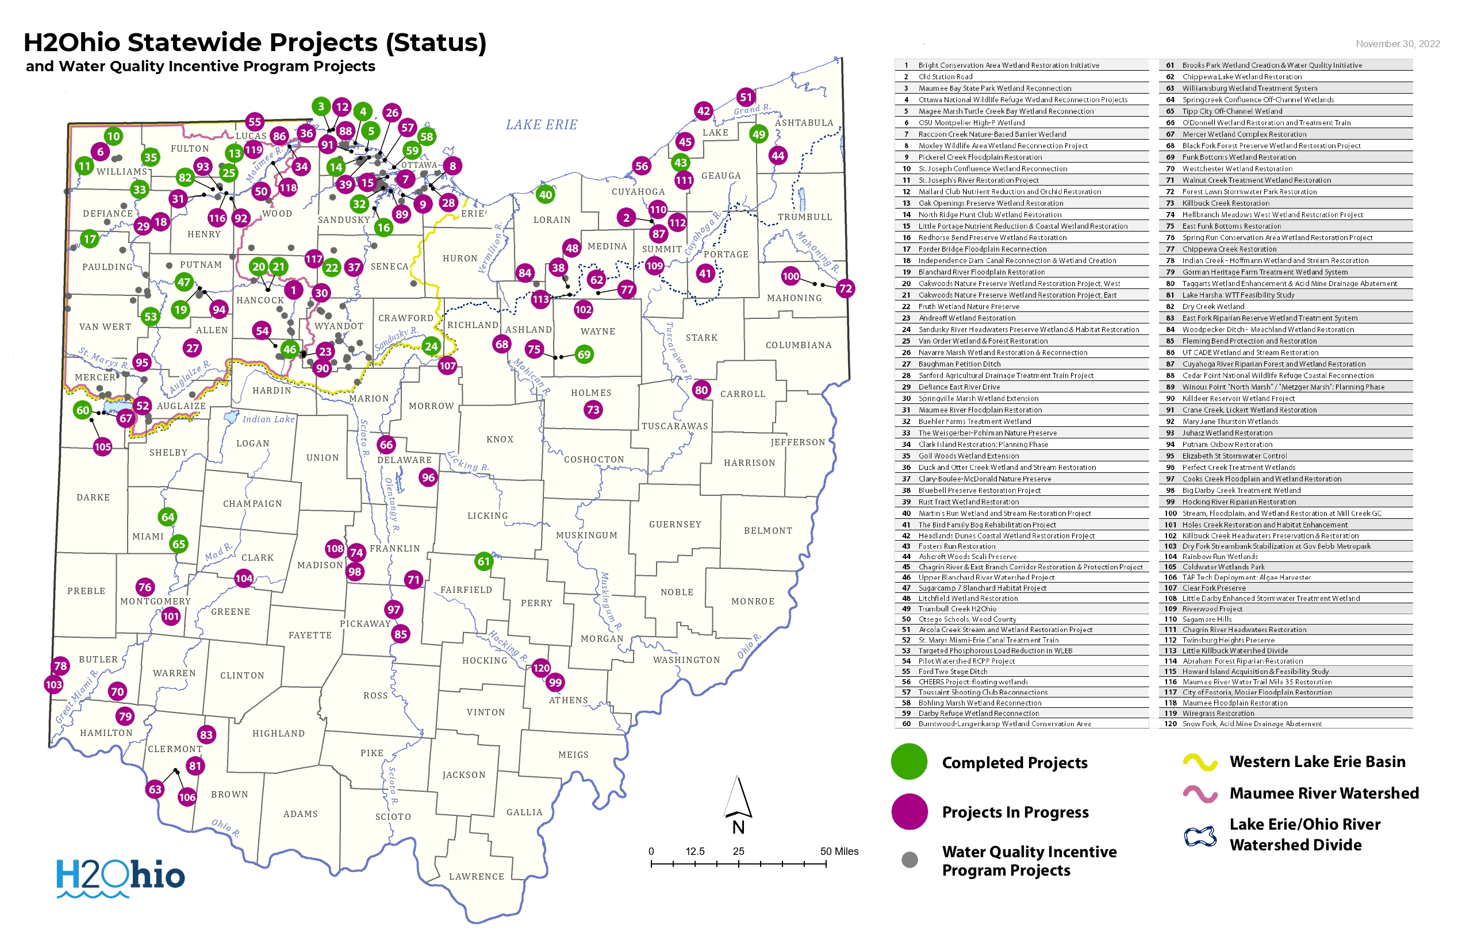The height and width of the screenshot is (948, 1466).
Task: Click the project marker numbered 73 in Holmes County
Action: [593, 410]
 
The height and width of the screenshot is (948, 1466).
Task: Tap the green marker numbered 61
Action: [484, 561]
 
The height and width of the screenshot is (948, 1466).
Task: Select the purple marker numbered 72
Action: [845, 288]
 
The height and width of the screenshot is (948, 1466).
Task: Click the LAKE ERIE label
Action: [542, 125]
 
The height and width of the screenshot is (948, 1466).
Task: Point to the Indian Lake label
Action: [268, 419]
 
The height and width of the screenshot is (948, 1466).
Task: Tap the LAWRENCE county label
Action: [476, 877]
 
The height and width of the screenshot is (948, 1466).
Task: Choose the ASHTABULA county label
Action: [803, 123]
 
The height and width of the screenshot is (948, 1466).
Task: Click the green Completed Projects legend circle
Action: [908, 762]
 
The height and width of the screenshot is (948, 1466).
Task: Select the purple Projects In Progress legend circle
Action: [909, 812]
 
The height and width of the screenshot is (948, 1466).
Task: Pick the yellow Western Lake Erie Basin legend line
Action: [1199, 762]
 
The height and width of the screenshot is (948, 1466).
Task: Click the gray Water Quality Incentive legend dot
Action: [909, 860]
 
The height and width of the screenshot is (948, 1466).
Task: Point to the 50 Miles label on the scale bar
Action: [838, 851]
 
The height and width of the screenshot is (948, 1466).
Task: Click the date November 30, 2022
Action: [1397, 44]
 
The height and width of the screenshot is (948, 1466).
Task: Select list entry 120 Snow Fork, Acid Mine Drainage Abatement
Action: [1251, 724]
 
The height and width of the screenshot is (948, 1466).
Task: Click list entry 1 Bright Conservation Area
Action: [1008, 65]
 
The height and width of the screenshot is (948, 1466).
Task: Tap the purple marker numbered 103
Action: [53, 684]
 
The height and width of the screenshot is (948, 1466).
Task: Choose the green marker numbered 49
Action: [758, 134]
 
